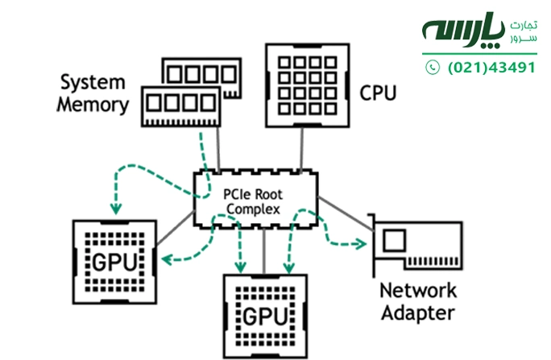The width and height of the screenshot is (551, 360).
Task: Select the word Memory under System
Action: (93, 105)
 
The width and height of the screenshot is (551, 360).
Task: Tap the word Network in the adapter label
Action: (417, 291)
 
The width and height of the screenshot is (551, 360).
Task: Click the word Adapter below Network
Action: (417, 312)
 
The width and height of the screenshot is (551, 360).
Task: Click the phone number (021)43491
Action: (491, 68)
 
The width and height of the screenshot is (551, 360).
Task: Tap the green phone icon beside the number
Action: (433, 68)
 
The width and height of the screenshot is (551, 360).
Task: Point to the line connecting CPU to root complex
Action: (302, 149)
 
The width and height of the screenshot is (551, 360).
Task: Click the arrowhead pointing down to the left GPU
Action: (116, 209)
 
